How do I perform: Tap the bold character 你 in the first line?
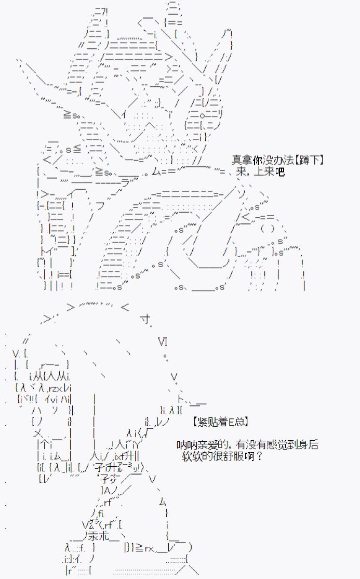click(x=258, y=160)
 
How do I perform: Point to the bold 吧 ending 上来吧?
click(x=280, y=172)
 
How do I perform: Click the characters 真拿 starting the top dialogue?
click(x=242, y=160)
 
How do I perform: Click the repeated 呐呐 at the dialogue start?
click(x=186, y=445)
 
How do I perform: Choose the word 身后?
click(x=309, y=445)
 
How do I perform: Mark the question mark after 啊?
click(x=259, y=456)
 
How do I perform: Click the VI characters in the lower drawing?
click(x=163, y=341)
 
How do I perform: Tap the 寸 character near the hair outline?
click(x=146, y=319)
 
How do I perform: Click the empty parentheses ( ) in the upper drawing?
click(x=268, y=229)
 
